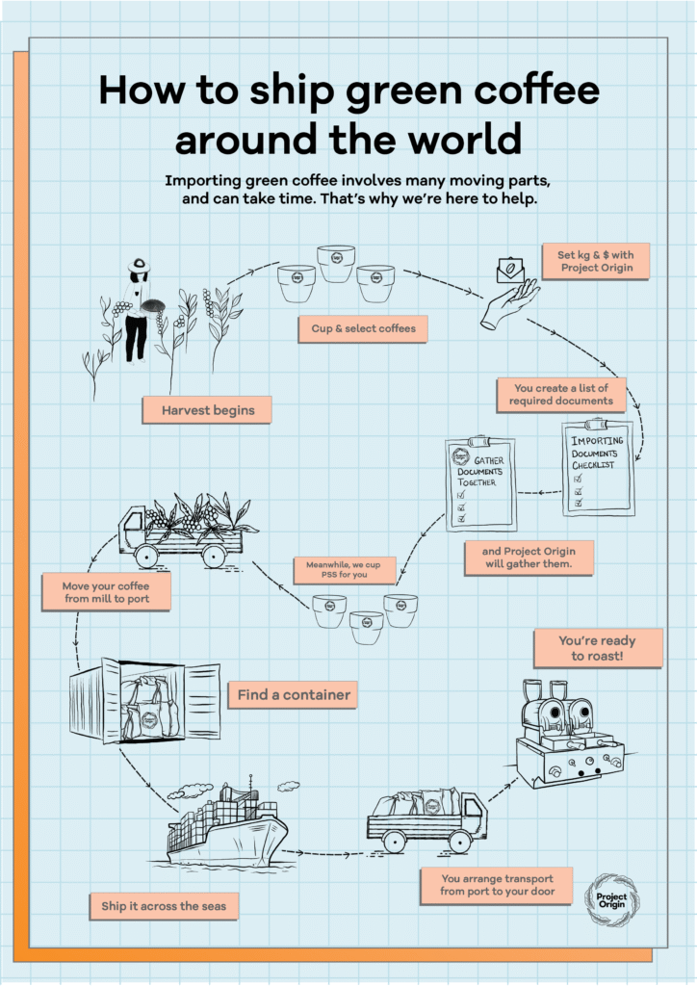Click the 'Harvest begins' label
(x=207, y=410)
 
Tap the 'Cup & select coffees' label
(x=363, y=329)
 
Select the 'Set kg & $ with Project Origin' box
(x=596, y=261)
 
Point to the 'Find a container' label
(x=293, y=695)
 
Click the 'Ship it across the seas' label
(x=164, y=906)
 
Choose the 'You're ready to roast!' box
(x=598, y=648)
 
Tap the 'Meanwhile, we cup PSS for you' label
(x=345, y=570)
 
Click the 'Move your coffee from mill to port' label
(x=106, y=592)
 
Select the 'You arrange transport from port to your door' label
(x=497, y=886)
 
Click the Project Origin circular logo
(x=611, y=900)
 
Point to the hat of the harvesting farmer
(x=139, y=265)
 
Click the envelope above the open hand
(x=511, y=270)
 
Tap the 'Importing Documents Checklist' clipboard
(x=598, y=468)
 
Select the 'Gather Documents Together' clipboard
(x=480, y=483)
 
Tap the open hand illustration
(x=509, y=304)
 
